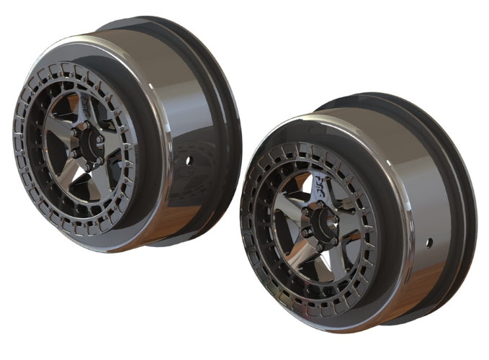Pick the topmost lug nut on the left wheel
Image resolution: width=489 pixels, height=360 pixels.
point(84,126)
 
